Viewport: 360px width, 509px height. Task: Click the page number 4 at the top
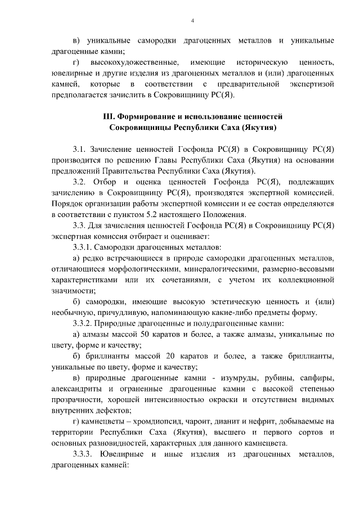(192, 21)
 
